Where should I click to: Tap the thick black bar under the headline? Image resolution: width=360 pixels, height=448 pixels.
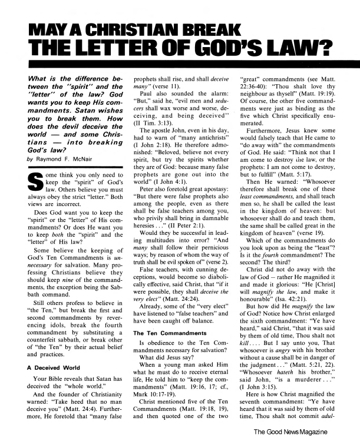point(180,64)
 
